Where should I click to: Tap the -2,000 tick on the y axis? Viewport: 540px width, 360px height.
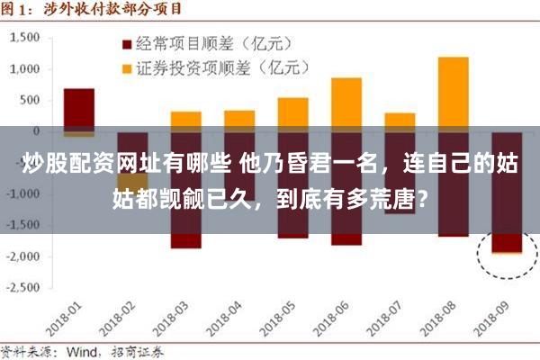[x=24, y=256]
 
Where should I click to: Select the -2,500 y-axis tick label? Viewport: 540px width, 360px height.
[x=24, y=287]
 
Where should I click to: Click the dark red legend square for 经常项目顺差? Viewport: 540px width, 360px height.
[x=126, y=42]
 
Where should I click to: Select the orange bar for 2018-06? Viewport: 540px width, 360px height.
[x=346, y=103]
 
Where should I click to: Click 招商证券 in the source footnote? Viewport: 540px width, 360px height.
[x=135, y=351]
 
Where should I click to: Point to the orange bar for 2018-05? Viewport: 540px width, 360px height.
[x=292, y=113]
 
